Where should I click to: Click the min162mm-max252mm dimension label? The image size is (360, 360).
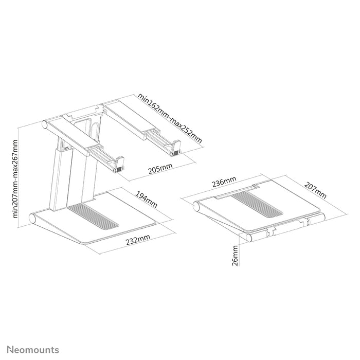tap(168, 118)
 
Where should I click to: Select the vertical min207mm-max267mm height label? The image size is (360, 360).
tap(16, 178)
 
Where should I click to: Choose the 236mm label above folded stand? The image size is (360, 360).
tap(224, 182)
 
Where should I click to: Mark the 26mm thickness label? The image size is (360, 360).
tap(236, 256)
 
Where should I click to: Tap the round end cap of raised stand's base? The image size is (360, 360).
tap(35, 218)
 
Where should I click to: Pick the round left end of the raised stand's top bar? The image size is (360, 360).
tap(44, 124)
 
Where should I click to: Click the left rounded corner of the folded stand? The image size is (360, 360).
tap(196, 207)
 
